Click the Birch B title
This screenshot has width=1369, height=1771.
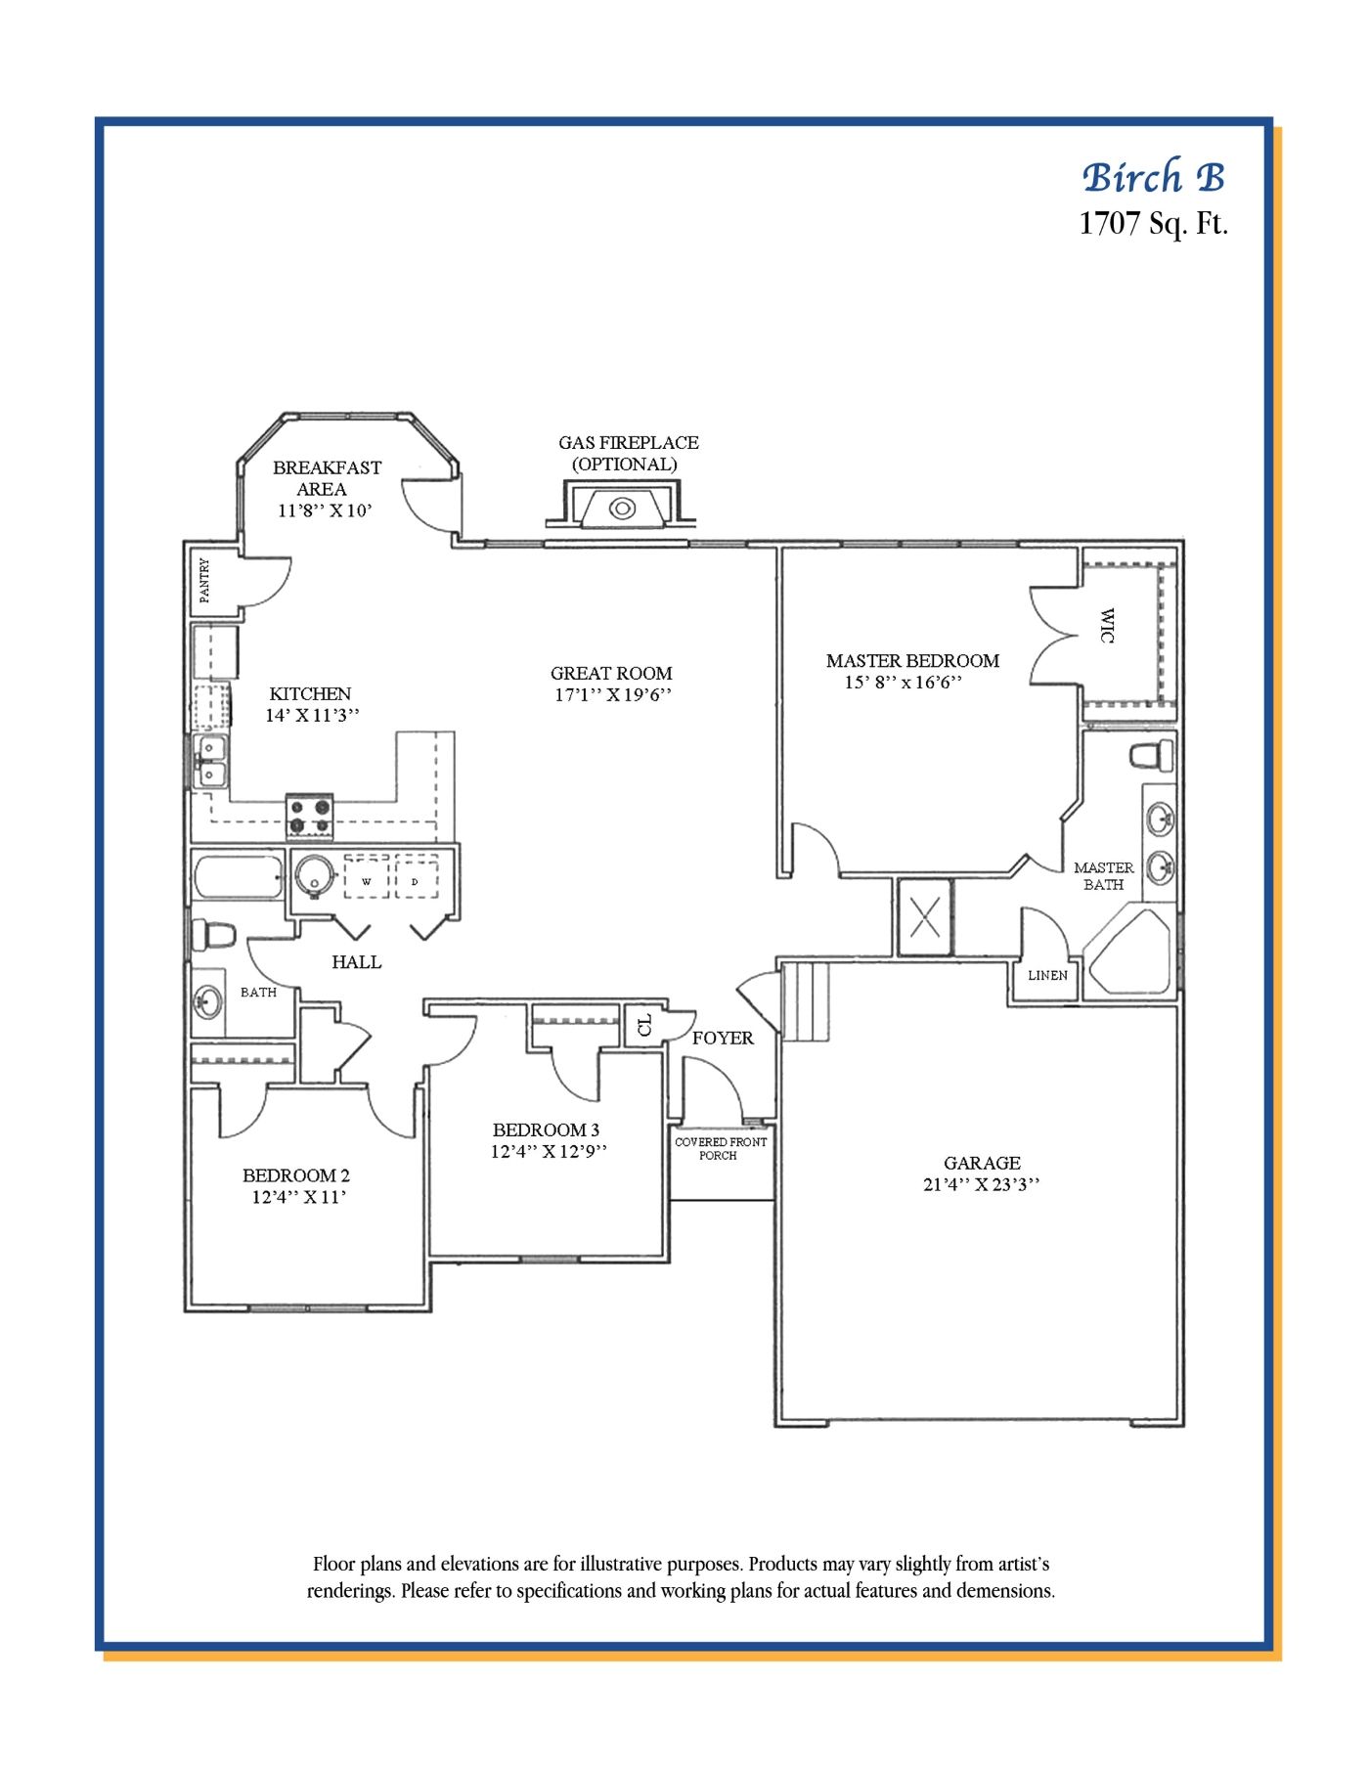[1154, 177]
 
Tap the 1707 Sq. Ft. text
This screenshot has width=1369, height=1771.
[1154, 224]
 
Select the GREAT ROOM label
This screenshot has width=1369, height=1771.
[611, 673]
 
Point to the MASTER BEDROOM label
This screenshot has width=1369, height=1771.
[912, 661]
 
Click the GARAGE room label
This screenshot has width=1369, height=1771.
[982, 1163]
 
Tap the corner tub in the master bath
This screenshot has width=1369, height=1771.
[1129, 952]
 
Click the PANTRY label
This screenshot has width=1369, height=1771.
[204, 580]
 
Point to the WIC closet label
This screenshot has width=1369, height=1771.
[1107, 625]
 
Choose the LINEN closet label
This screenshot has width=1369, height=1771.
[1047, 975]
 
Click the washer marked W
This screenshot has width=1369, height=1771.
[367, 876]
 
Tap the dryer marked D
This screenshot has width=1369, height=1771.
[416, 876]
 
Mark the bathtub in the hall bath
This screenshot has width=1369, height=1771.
[239, 877]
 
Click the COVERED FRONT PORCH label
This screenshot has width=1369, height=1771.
[721, 1148]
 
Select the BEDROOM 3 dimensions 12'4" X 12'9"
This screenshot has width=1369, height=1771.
[549, 1151]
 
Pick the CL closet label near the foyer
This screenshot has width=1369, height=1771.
[643, 1025]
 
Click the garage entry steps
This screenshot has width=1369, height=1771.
[805, 1001]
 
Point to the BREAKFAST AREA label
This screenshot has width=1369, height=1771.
[327, 478]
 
